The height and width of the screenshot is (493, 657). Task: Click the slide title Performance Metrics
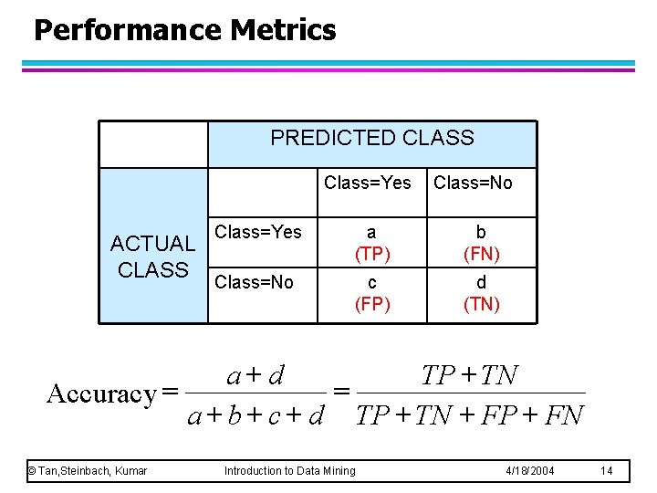pyautogui.click(x=184, y=30)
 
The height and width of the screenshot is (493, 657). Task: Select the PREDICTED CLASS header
pyautogui.click(x=372, y=139)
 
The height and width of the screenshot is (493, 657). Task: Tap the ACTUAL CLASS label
pyautogui.click(x=152, y=257)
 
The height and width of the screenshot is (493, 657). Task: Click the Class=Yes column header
pyautogui.click(x=368, y=183)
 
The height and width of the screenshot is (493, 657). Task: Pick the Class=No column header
pyautogui.click(x=473, y=183)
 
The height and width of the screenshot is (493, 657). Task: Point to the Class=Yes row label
pyautogui.click(x=257, y=232)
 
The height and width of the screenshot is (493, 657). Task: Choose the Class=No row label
pyautogui.click(x=254, y=282)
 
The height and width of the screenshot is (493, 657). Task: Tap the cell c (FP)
pyautogui.click(x=372, y=293)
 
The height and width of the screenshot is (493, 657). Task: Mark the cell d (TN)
pyautogui.click(x=481, y=293)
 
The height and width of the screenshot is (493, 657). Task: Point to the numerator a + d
pyautogui.click(x=255, y=375)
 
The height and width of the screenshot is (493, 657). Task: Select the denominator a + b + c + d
pyautogui.click(x=255, y=417)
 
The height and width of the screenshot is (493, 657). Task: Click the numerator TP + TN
pyautogui.click(x=470, y=375)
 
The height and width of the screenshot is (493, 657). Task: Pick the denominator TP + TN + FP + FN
pyautogui.click(x=470, y=417)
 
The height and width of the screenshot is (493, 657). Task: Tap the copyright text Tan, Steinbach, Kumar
pyautogui.click(x=88, y=471)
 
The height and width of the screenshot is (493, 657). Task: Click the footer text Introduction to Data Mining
pyautogui.click(x=290, y=471)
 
